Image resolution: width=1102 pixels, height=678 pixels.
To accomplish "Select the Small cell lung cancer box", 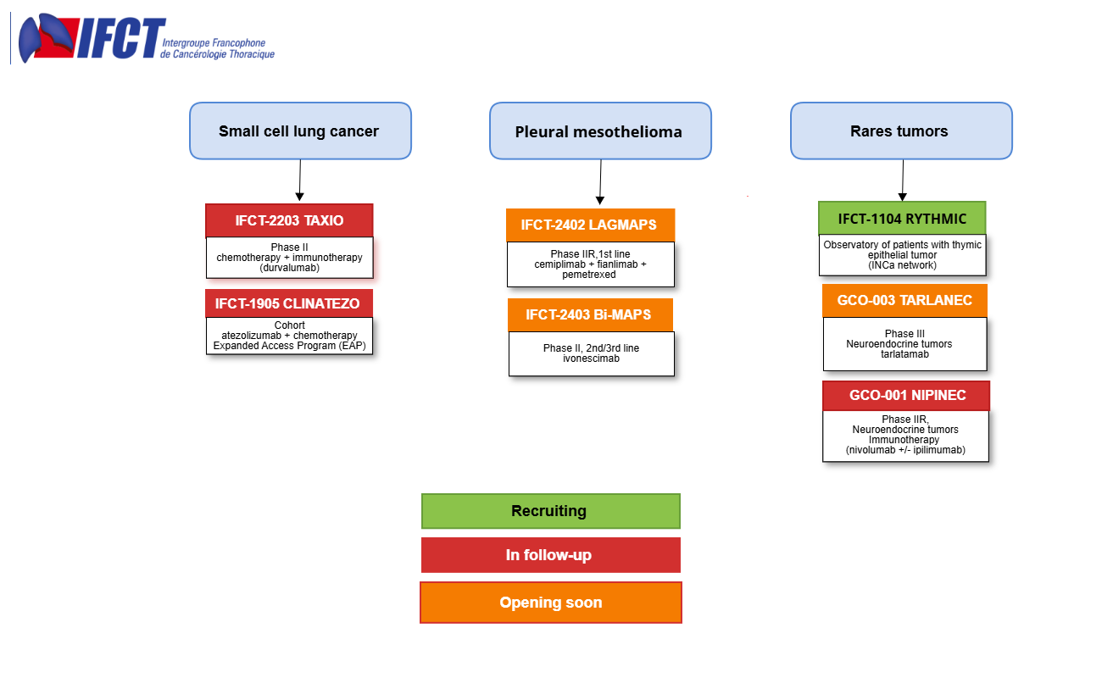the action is pos(300,131).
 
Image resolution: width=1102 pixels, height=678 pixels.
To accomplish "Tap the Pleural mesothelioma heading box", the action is pos(600,131).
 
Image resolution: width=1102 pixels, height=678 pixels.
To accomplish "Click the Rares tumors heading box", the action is pos(901,131).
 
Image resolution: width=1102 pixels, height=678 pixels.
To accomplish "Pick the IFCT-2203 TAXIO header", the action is pos(289,220).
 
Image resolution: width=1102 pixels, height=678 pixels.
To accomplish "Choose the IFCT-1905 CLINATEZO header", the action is pos(289,303).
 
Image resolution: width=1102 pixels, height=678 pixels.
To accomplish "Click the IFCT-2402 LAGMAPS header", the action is pos(590,225).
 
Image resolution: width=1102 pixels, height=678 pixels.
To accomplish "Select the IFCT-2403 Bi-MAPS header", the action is pos(590,315).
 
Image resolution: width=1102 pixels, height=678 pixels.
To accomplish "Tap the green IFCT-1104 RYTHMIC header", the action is pos(902,218).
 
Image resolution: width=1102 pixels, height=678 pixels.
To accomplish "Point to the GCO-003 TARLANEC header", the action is pos(904,301).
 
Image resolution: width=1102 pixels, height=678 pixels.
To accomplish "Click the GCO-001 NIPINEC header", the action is pos(906,396).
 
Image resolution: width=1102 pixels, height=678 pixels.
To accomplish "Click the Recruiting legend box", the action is pos(551,511).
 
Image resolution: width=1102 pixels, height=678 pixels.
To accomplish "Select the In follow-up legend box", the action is pos(551,555).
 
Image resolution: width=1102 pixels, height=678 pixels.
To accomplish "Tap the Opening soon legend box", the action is pos(551,603).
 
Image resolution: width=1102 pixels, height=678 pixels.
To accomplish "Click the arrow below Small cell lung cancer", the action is pos(299,180).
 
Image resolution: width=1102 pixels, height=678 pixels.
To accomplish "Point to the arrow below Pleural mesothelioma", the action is pos(600,182).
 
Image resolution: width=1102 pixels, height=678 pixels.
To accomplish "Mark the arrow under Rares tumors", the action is pos(903,180).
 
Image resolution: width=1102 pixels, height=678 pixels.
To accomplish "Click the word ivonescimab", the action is pos(592,358).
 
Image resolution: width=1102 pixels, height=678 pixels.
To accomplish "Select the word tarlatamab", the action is pos(904,354).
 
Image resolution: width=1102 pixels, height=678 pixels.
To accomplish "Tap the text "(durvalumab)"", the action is pos(289,268).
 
